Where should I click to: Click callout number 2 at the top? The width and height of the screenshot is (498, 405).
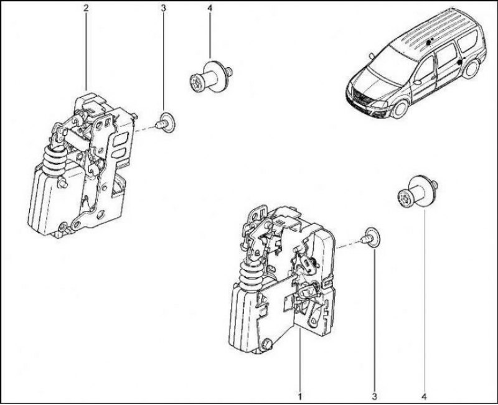(x=86, y=8)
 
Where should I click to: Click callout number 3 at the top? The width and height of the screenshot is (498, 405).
(x=163, y=8)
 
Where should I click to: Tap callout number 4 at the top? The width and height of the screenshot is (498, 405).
(x=210, y=8)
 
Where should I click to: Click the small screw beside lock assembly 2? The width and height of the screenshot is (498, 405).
(x=166, y=123)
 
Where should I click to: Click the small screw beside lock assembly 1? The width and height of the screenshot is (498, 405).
(x=372, y=238)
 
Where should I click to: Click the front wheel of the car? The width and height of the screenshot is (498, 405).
(x=400, y=109)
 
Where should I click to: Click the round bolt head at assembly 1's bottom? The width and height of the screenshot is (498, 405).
(x=266, y=344)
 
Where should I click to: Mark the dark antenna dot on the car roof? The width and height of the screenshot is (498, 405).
(x=429, y=42)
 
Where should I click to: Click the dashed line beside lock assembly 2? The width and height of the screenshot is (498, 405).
(x=144, y=129)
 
